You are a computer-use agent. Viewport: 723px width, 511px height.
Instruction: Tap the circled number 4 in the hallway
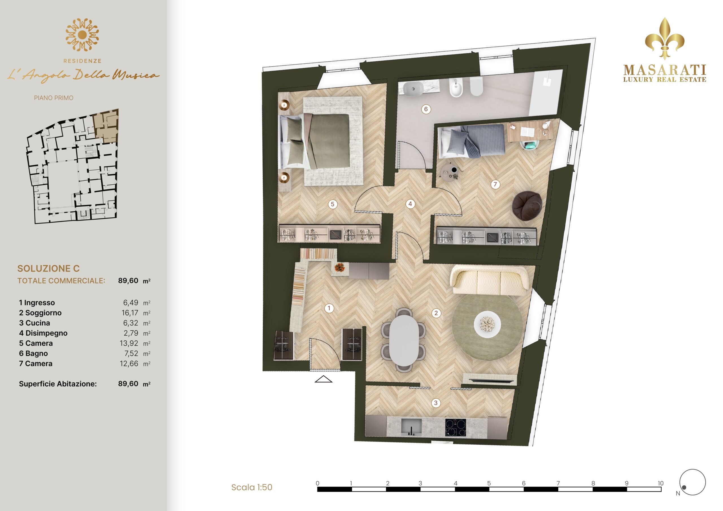pos(410,204)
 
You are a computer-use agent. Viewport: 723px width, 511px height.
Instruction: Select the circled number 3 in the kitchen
pos(436,403)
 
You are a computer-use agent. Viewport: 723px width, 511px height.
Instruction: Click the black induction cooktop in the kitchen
pos(456,427)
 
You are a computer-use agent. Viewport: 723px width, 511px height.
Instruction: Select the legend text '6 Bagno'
pos(33,353)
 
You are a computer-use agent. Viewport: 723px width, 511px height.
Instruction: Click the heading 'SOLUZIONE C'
pos(49,268)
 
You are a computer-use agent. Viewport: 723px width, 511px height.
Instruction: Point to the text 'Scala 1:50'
pos(252,487)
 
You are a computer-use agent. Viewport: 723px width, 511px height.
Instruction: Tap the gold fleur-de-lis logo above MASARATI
pos(665,38)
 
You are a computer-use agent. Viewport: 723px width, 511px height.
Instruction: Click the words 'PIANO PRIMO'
pos(54,98)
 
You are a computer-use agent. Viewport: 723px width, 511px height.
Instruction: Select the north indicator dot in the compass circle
pos(684,488)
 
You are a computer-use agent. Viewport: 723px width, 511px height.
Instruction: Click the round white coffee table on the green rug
pos(487,324)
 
